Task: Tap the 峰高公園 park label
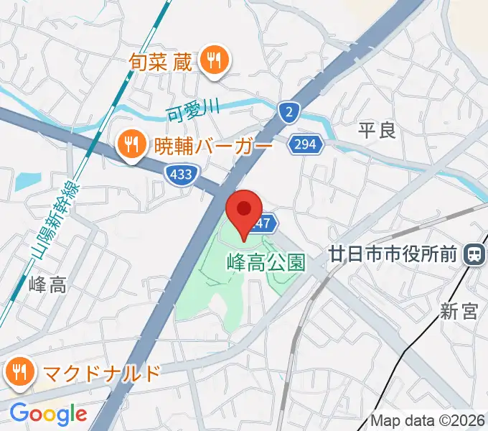click(x=266, y=262)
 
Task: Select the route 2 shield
click(x=288, y=111)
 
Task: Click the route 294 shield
click(x=305, y=145)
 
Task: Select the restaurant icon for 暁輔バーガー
click(x=130, y=147)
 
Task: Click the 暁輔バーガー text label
click(x=214, y=147)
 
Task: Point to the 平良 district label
click(x=377, y=131)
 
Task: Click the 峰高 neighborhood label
click(x=47, y=284)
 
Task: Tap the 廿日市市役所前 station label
click(x=393, y=254)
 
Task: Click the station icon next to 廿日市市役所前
click(x=474, y=254)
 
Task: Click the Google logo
click(x=48, y=414)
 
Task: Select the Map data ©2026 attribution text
click(x=428, y=420)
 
